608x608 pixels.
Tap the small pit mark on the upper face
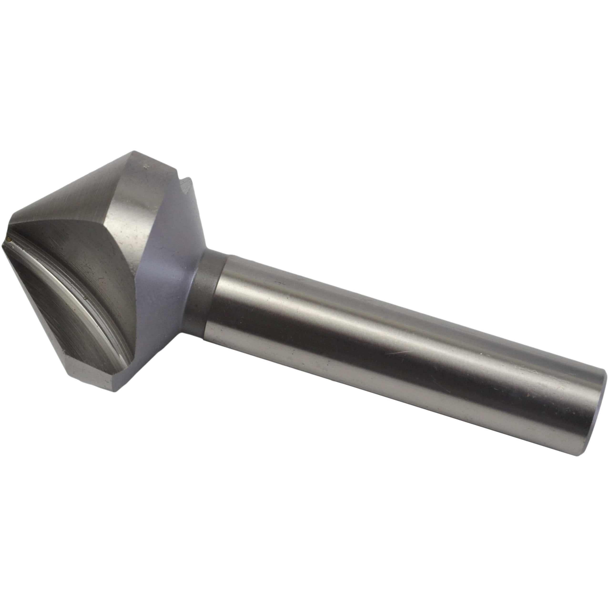pyautogui.click(x=146, y=164)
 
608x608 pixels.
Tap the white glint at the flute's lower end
pyautogui.click(x=121, y=357)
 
